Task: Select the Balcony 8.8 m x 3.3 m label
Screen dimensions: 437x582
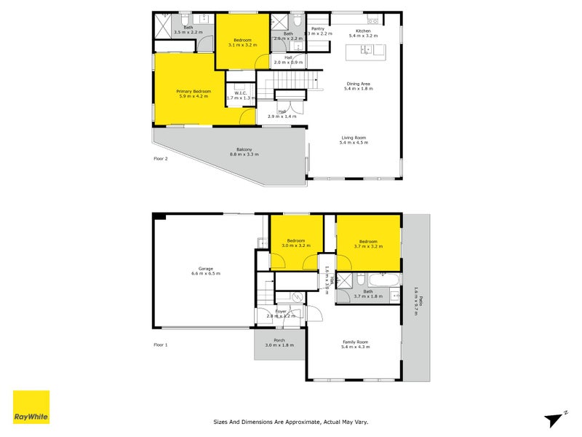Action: pos(244,151)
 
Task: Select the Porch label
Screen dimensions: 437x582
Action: pos(279,340)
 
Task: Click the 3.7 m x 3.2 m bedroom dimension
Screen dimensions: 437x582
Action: pos(367,247)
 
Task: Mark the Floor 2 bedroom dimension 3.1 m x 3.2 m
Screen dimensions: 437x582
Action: pos(242,45)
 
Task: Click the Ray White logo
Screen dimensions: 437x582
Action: pos(31,407)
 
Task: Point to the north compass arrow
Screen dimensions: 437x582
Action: pos(555,418)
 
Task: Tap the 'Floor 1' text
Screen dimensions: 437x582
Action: pos(160,345)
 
